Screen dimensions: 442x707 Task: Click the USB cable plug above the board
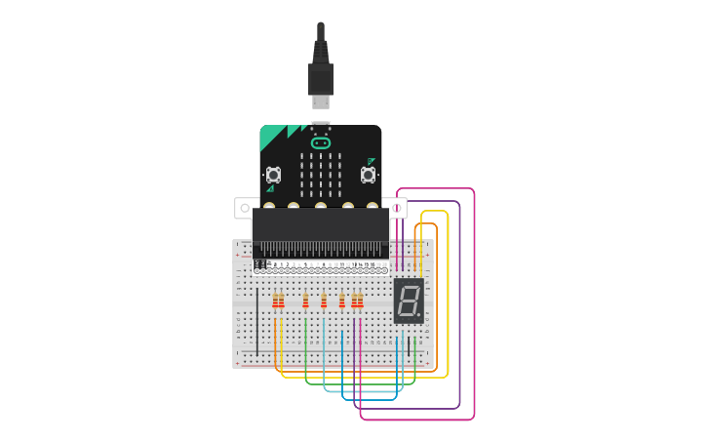coord(321,78)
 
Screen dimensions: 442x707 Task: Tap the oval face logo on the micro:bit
coord(321,142)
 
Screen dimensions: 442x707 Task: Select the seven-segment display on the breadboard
coord(409,301)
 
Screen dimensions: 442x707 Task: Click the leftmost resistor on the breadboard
coord(276,301)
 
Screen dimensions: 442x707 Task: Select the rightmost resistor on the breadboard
coord(360,301)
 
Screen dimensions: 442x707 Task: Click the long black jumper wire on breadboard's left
coord(257,322)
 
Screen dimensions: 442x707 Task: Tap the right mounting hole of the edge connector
coord(397,208)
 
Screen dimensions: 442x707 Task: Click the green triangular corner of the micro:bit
coord(271,138)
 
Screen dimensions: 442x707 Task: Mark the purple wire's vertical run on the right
coord(459,302)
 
